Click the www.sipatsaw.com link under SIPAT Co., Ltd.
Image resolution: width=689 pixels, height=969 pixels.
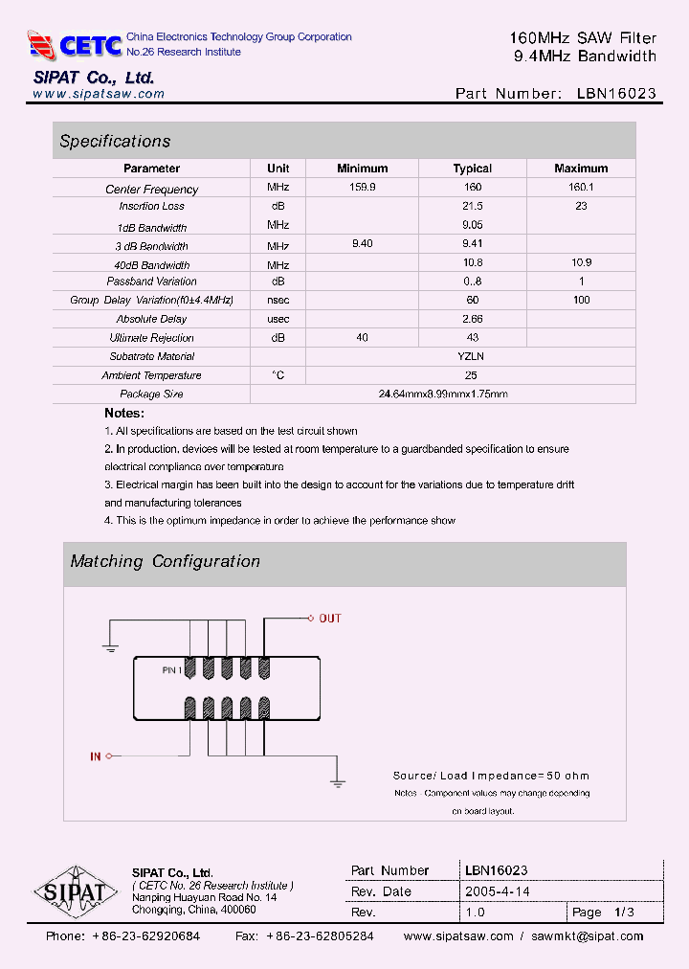tap(99, 94)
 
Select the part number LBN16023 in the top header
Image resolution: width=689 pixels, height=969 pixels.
tap(616, 94)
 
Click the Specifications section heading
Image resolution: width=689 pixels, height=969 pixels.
tap(115, 141)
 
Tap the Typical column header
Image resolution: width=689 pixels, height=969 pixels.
tap(472, 169)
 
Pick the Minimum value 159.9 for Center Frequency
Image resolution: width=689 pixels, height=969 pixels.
tap(363, 188)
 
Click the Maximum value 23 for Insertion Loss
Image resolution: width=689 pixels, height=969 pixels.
tap(581, 206)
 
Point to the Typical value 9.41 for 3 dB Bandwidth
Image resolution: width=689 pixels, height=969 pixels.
tap(472, 244)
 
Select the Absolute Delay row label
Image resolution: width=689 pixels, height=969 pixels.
tap(151, 319)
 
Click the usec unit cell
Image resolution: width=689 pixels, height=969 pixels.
tap(278, 319)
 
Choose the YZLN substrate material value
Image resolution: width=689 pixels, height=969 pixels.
tap(472, 356)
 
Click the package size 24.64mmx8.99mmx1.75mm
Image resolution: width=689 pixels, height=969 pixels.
tap(442, 394)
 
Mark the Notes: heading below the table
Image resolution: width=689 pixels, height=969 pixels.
tap(124, 413)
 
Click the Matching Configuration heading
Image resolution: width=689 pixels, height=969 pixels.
tap(165, 561)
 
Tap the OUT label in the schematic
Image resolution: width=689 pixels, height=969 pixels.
tap(329, 619)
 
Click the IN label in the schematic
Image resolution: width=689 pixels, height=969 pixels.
tap(95, 756)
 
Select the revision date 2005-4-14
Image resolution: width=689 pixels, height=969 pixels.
tap(497, 891)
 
